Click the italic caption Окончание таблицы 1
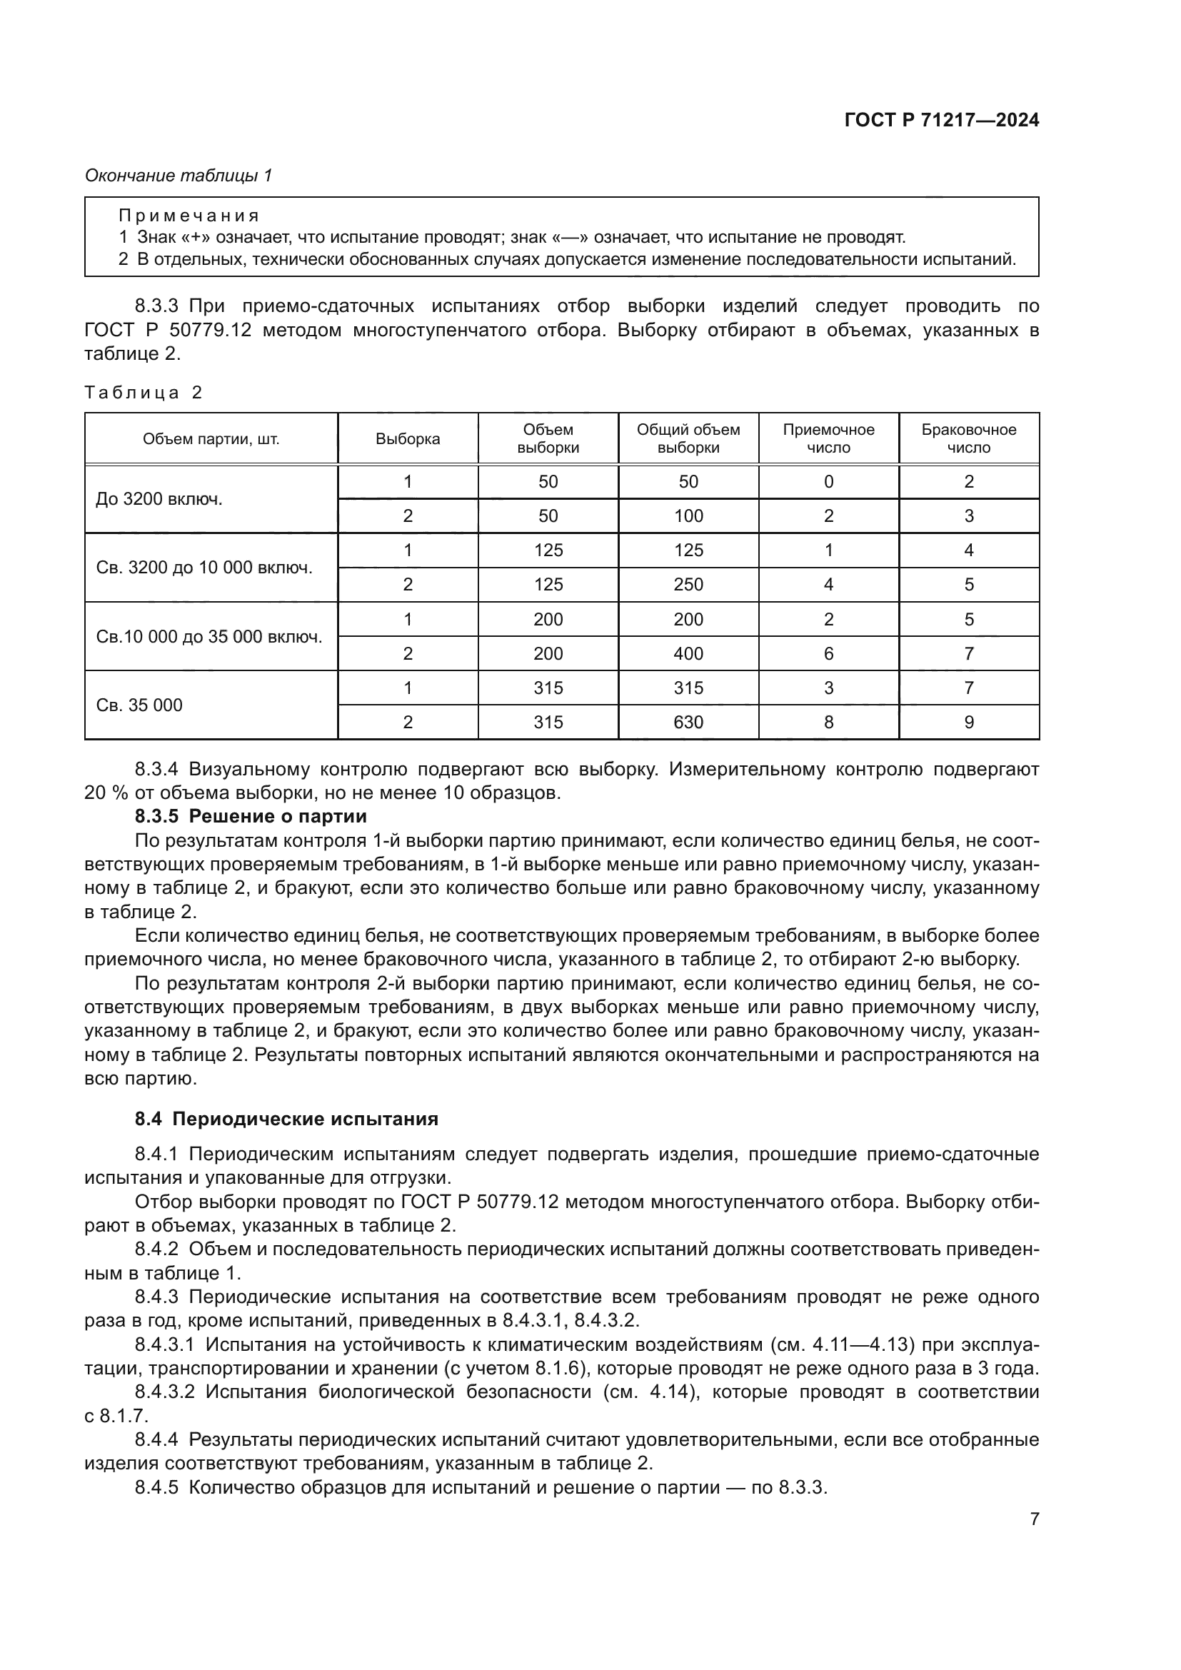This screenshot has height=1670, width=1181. point(179,176)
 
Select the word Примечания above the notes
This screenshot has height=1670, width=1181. point(189,216)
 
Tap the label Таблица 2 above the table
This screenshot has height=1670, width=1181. point(143,393)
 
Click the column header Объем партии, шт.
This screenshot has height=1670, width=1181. point(211,438)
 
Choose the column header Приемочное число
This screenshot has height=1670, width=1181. point(828,438)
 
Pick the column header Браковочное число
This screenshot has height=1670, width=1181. point(969,438)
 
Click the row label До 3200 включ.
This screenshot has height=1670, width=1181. point(159,499)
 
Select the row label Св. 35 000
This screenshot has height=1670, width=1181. point(140,705)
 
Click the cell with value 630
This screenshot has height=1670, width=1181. point(688,723)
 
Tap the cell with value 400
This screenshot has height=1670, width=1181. point(688,654)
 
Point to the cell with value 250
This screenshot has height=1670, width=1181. point(688,585)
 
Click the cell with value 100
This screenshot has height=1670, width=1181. point(688,516)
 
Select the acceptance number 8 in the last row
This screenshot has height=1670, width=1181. point(828,723)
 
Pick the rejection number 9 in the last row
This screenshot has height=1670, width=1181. point(969,723)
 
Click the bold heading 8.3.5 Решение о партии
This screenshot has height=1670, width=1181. point(251,816)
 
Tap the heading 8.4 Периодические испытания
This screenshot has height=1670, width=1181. point(286,1119)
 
